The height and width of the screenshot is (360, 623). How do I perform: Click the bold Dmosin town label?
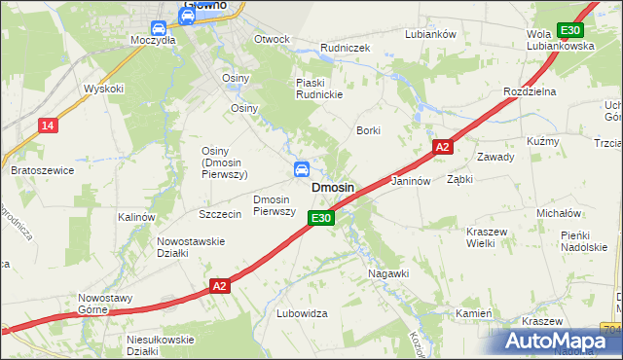332,187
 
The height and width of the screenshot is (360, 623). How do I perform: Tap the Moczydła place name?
153,41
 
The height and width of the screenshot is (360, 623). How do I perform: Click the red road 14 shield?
48,125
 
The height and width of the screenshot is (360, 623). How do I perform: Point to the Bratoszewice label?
42,170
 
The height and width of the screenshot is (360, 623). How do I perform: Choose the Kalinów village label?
136,217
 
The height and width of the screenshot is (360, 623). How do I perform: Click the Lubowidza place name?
302,313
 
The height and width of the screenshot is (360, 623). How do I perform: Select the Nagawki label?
388,273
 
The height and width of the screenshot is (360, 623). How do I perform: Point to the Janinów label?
411,182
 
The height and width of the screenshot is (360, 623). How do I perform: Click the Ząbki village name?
459,180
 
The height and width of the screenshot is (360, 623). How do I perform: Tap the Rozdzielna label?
529,90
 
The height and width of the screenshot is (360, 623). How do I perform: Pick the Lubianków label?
431,34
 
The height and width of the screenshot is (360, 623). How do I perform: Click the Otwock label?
272,40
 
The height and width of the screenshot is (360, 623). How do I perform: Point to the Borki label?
368,129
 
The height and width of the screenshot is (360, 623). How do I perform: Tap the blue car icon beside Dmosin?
303,170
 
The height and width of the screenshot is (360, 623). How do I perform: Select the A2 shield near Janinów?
442,147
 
